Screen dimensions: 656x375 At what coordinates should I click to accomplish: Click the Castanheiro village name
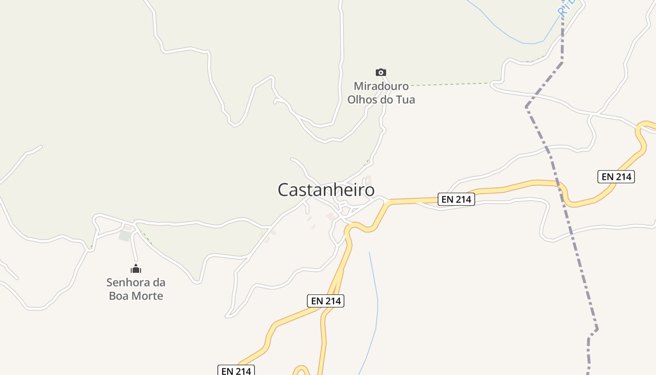coord(326,190)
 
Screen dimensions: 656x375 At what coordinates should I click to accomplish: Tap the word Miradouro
coord(381,86)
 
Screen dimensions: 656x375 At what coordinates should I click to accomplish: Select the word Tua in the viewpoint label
coord(405,100)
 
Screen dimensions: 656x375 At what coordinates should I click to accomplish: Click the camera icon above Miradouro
coord(381,72)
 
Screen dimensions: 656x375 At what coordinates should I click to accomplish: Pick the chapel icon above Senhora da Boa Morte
coord(136,269)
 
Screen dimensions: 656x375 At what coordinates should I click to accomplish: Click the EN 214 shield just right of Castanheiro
coord(456,199)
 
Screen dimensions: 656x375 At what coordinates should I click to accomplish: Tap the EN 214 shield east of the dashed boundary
coord(616,177)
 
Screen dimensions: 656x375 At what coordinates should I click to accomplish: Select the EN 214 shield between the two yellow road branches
coord(326,301)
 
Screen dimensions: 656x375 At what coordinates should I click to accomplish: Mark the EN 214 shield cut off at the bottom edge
coord(236,370)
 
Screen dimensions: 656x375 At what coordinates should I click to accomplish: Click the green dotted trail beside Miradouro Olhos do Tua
coord(450,84)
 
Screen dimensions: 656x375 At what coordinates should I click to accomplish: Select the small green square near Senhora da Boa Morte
coord(125,235)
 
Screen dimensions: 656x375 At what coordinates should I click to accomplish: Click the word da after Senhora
coord(159,283)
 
